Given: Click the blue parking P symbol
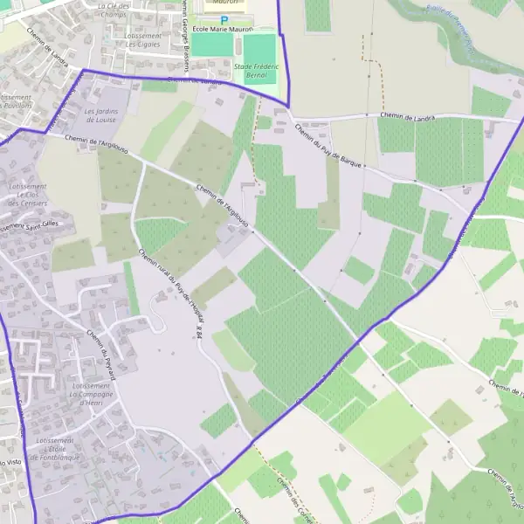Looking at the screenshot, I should (224, 19).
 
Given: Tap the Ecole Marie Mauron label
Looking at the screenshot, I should (222, 30).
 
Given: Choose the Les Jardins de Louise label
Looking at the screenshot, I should (101, 116).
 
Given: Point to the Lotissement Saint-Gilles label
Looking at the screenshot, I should (27, 227).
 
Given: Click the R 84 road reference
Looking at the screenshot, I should (199, 334).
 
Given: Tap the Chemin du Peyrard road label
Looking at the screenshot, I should (100, 350).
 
